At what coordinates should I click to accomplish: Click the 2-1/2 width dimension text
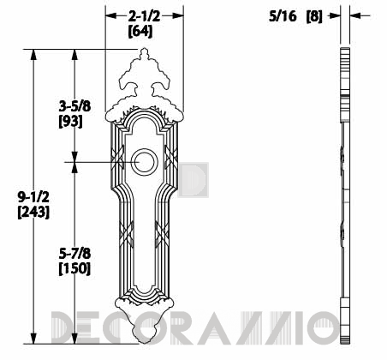click(x=144, y=16)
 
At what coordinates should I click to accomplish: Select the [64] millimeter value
click(x=140, y=31)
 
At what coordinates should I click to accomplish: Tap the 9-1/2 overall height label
click(x=33, y=197)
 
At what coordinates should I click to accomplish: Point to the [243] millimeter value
click(x=33, y=212)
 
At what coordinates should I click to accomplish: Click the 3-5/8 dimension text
click(x=74, y=107)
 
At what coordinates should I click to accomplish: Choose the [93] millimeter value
click(x=70, y=122)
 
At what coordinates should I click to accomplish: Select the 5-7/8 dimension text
click(x=74, y=254)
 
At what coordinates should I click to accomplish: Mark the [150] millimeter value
click(x=74, y=268)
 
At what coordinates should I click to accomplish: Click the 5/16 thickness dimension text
click(x=283, y=16)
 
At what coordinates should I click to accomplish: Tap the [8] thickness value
click(x=314, y=16)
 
